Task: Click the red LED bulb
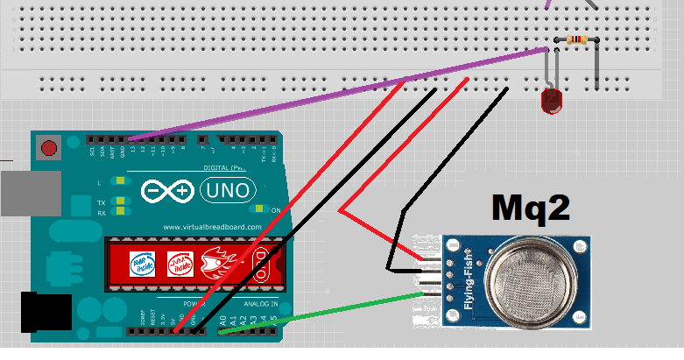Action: coord(551,101)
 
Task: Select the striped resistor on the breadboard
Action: coord(576,39)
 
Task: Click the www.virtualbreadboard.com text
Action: coord(213,227)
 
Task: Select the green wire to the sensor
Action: coord(324,311)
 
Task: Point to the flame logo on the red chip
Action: coord(219,263)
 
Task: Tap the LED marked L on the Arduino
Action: coord(121,182)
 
